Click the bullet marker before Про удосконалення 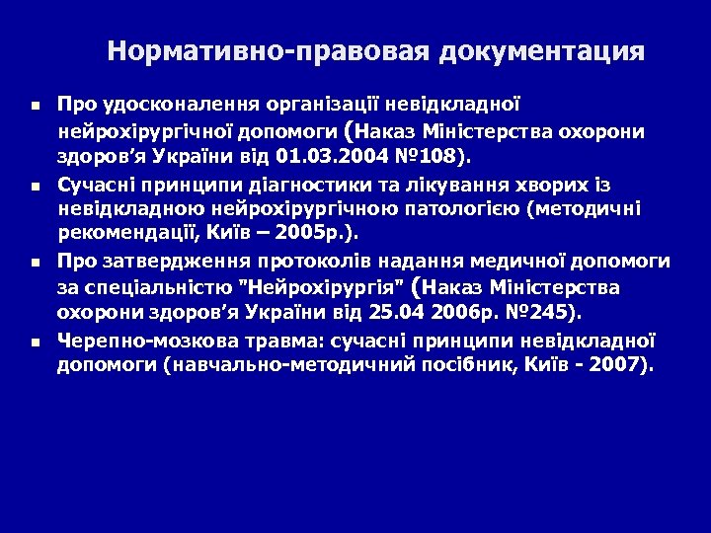pyautogui.click(x=35, y=104)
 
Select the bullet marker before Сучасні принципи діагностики pyautogui.click(x=35, y=185)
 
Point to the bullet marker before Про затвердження pyautogui.click(x=35, y=264)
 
